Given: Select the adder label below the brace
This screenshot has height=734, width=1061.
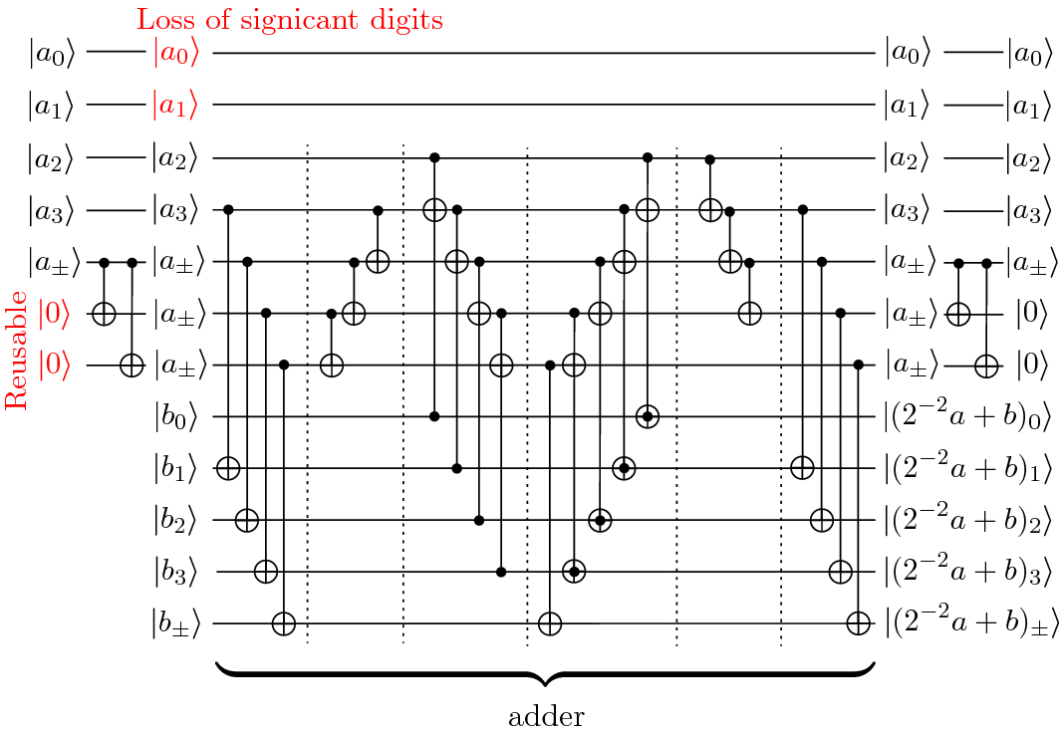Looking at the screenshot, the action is pyautogui.click(x=545, y=715).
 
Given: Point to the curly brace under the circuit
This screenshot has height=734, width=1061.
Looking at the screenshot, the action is pyautogui.click(x=545, y=673).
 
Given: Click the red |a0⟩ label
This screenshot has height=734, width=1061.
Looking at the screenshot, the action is pyautogui.click(x=177, y=53).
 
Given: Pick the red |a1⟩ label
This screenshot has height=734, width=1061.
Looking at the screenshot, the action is pyautogui.click(x=177, y=105).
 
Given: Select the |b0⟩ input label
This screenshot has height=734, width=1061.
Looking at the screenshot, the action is pyautogui.click(x=177, y=416).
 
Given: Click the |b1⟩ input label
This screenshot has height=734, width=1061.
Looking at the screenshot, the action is pyautogui.click(x=177, y=468).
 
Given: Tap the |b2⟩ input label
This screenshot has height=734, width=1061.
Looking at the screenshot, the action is pyautogui.click(x=177, y=520).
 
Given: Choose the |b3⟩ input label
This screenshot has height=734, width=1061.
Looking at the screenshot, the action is pyautogui.click(x=177, y=572).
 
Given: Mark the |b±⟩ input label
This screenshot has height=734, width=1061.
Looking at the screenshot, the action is pyautogui.click(x=177, y=624).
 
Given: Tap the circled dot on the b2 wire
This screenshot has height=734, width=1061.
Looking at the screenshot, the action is pyautogui.click(x=599, y=519).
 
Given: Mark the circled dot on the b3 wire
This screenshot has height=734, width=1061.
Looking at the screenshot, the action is pyautogui.click(x=574, y=571).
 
